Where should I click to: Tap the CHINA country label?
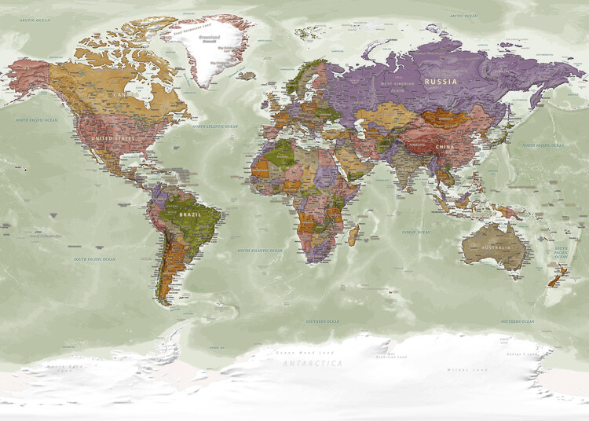click(x=444, y=146)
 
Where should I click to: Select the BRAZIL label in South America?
click(x=190, y=214)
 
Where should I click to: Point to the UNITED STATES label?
click(x=113, y=138)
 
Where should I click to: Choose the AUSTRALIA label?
click(x=496, y=247)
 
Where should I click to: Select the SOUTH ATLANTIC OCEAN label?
click(x=259, y=251)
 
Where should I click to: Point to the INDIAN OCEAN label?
click(x=415, y=232)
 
